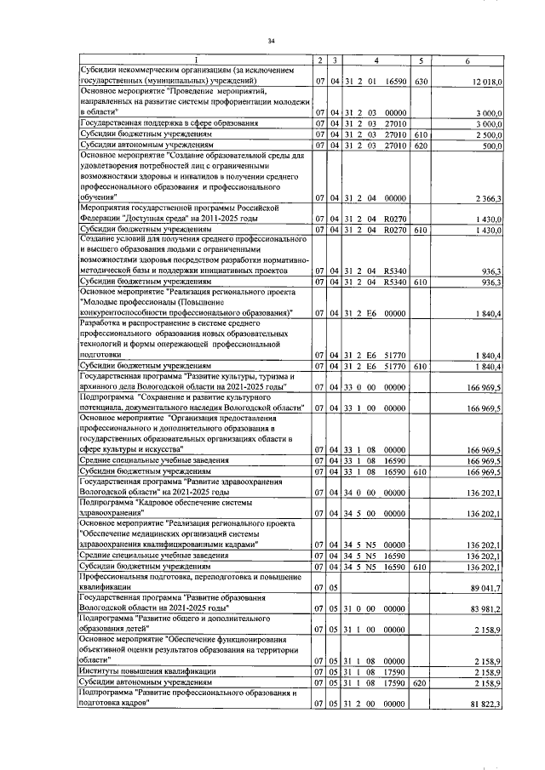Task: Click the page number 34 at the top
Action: tap(272, 40)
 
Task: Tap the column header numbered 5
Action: tap(421, 59)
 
